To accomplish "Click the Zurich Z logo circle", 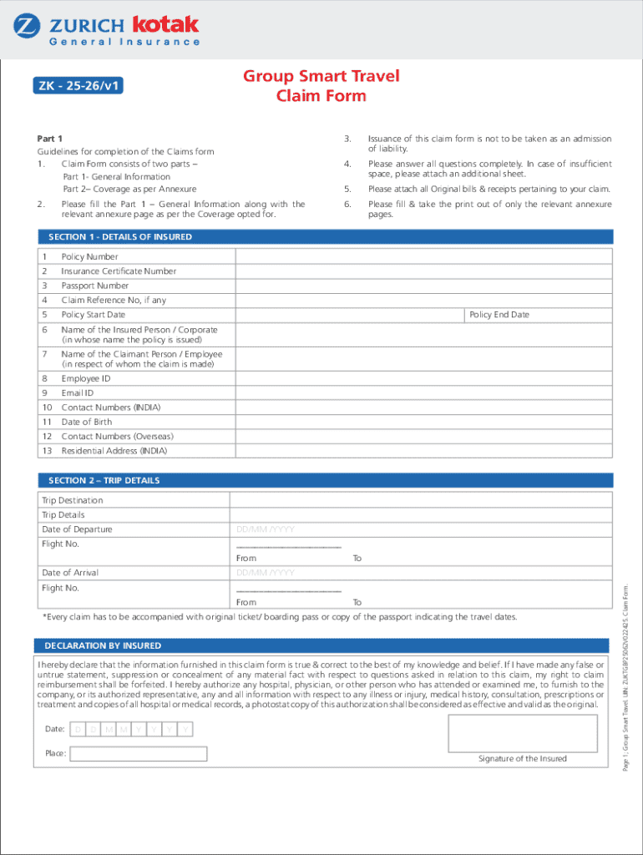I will coord(28,26).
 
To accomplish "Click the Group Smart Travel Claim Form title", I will coord(321,86).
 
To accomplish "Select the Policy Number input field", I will coord(424,256).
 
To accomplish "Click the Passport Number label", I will coord(94,286).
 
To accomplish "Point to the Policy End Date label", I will coord(499,315).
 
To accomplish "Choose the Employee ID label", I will coord(86,379).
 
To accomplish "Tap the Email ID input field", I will coord(424,393).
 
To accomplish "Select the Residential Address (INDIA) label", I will coord(114,451).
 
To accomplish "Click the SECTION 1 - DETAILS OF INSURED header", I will coord(120,237).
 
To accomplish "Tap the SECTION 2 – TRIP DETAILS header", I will coord(104,481).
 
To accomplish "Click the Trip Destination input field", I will coord(421,500).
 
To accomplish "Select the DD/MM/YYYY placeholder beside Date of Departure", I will coord(266,529).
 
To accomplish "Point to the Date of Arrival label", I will coord(70,573).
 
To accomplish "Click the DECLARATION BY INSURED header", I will coord(103,646).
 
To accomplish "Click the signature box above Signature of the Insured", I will coord(522,733).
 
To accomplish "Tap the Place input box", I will coord(139,754).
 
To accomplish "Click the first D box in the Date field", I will coord(78,731).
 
